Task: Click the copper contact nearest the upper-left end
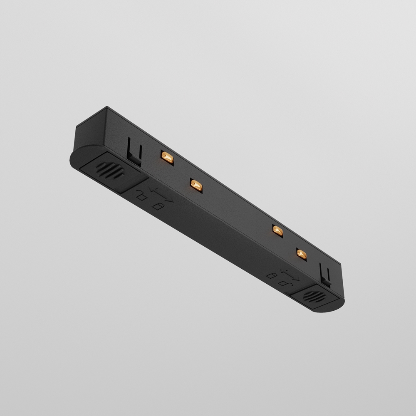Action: pos(167,156)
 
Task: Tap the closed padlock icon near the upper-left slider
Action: pos(158,206)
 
